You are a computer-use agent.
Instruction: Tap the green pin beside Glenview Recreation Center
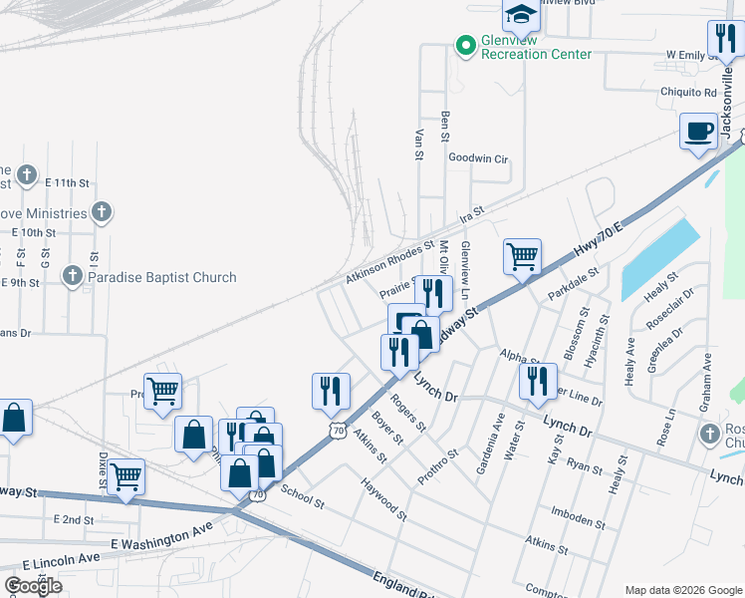[x=464, y=44]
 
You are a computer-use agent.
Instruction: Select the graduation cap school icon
[x=519, y=15]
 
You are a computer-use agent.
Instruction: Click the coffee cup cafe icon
[x=698, y=131]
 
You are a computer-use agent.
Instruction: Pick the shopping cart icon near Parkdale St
[x=522, y=256]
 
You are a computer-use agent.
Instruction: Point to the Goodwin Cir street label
[x=478, y=158]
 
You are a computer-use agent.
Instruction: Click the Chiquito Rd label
[x=688, y=93]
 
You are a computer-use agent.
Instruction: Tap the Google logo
[x=33, y=586]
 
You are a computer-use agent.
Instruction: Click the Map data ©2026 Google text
[x=682, y=589]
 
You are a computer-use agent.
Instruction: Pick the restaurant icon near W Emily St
[x=722, y=39]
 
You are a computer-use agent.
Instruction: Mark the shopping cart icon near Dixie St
[x=125, y=476]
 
